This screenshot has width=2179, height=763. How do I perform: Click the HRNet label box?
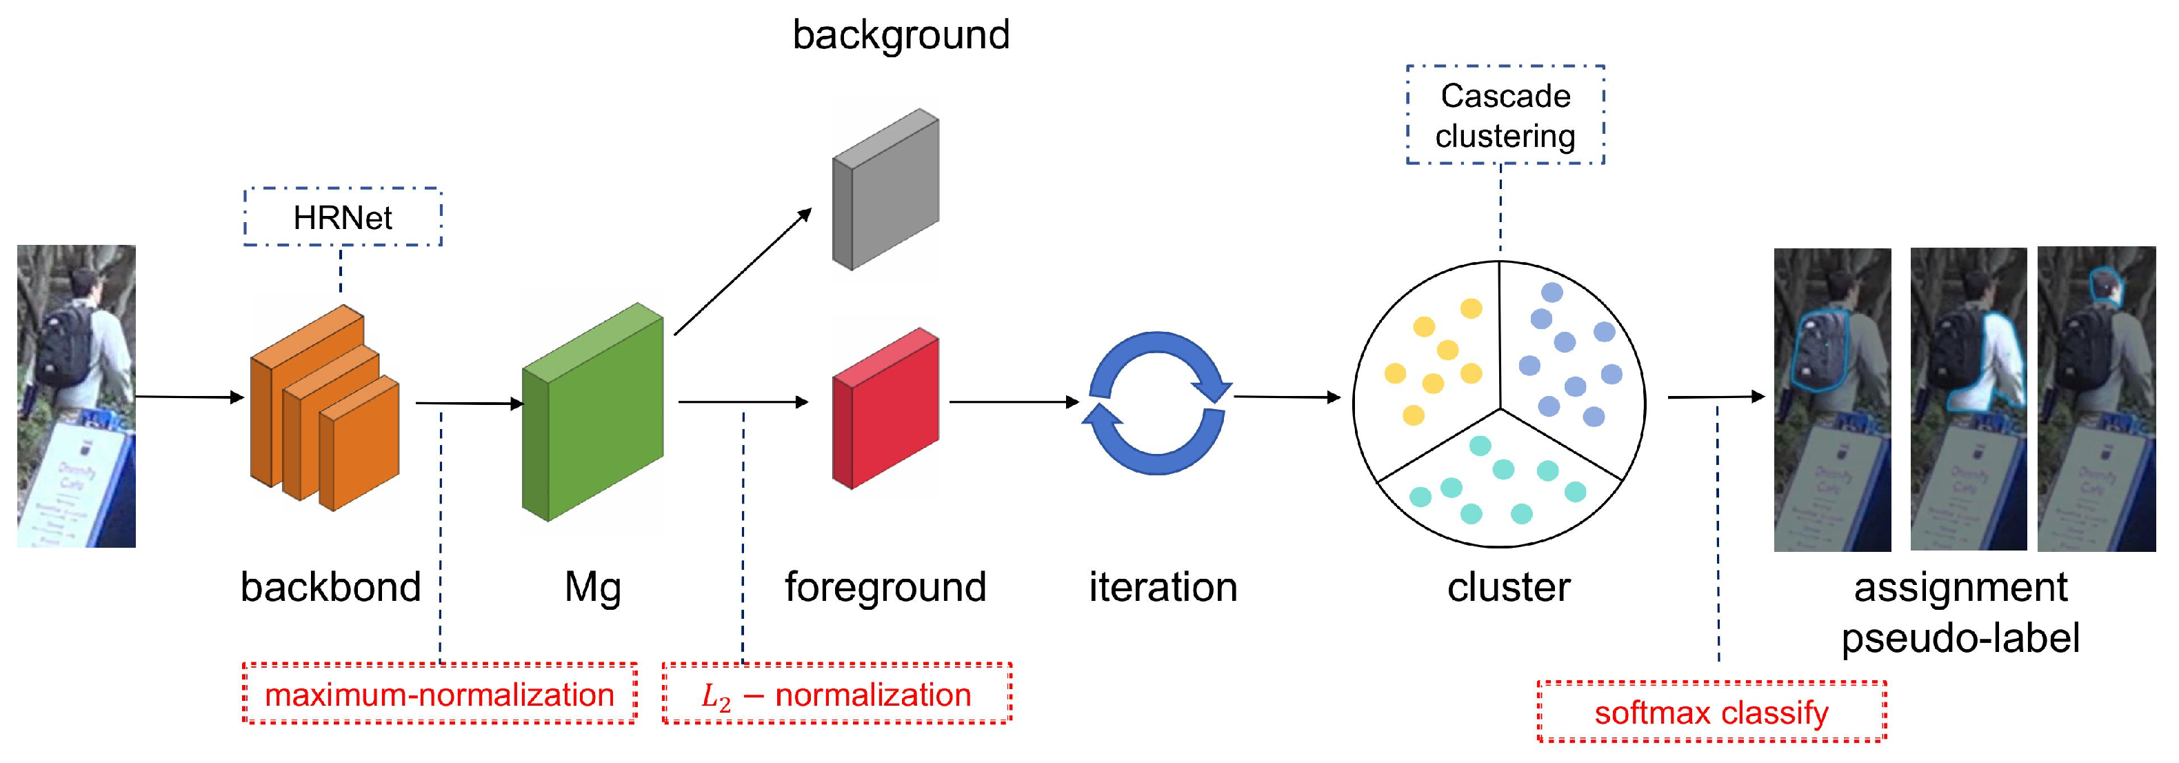(343, 217)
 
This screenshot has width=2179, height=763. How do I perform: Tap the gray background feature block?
(885, 190)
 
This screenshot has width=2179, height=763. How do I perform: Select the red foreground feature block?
(885, 408)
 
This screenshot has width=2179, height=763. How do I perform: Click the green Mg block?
(592, 412)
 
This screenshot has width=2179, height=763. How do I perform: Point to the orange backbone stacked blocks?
(324, 409)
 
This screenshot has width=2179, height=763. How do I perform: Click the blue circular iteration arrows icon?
(1156, 403)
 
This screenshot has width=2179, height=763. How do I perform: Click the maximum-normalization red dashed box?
(439, 693)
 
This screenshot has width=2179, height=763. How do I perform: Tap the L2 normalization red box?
(836, 693)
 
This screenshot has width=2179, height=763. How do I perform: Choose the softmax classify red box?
(1711, 712)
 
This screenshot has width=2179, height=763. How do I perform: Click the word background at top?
(901, 35)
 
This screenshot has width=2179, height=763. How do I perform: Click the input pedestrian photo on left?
(76, 396)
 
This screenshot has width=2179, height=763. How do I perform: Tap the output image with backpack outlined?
(1831, 399)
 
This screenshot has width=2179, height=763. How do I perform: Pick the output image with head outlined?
(2096, 399)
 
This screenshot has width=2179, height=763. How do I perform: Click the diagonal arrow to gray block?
(742, 272)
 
